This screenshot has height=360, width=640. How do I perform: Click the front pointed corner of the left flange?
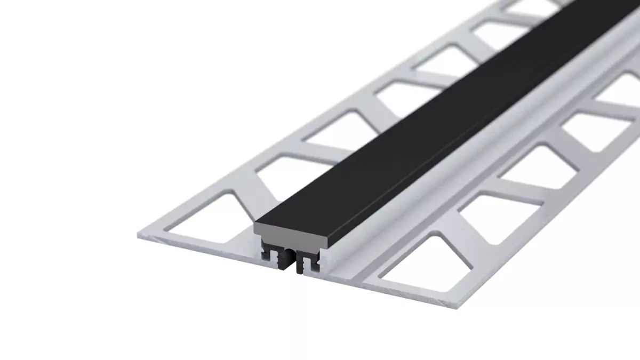click(x=140, y=235)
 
